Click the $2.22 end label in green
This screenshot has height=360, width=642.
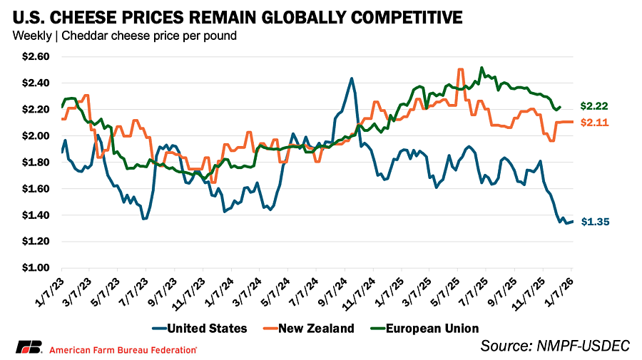click(593, 106)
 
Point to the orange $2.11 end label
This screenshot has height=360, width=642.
click(593, 122)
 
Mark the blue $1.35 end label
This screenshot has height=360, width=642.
click(593, 222)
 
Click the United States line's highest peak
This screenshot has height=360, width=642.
click(352, 78)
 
